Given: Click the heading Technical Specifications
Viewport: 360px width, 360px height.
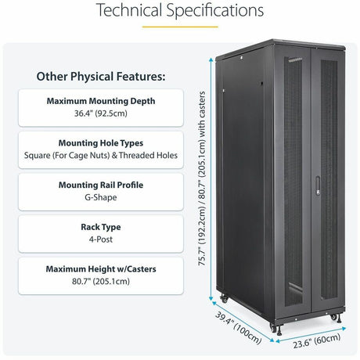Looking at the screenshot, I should (179, 11).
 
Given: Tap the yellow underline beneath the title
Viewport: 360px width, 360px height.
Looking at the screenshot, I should (179, 27).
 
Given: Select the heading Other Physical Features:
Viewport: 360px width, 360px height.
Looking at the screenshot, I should (100, 77).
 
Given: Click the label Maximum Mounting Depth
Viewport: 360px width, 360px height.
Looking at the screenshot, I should (100, 101).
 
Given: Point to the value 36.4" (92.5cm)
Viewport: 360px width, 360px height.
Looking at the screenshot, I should (100, 113).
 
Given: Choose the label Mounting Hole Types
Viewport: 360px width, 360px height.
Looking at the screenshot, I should (100, 143).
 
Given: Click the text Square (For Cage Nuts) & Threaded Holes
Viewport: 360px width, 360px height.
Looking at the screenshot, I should (100, 156).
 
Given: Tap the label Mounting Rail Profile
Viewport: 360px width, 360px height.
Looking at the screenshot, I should (100, 185).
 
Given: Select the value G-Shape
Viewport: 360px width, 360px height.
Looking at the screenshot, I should (100, 198).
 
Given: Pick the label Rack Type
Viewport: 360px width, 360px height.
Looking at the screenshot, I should (100, 227).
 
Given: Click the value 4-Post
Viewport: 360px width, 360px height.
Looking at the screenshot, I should (100, 239).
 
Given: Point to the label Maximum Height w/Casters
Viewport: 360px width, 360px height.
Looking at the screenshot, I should (100, 269).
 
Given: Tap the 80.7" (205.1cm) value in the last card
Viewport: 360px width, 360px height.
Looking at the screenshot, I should (100, 282).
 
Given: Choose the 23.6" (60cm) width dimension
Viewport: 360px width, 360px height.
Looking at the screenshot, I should (310, 338).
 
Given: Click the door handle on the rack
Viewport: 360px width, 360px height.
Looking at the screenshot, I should (318, 185).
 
